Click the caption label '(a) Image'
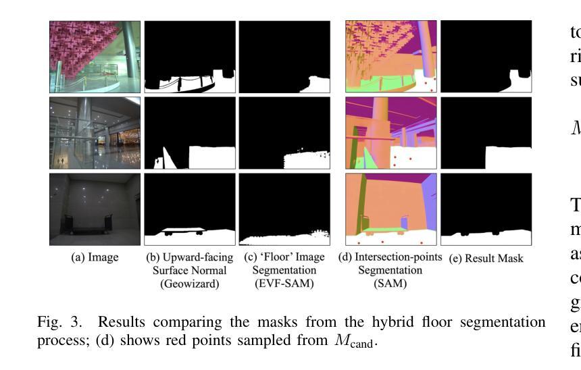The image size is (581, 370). tap(95, 257)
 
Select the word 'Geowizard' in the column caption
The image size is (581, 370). tap(190, 284)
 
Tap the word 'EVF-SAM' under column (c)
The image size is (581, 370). tap(284, 284)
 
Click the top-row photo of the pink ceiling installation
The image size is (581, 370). tap(95, 56)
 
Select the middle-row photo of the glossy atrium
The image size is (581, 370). tap(95, 132)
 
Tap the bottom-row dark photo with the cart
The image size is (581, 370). tap(95, 209)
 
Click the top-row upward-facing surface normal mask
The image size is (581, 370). tap(190, 56)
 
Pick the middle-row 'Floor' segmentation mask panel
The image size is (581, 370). tap(284, 132)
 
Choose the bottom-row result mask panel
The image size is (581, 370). tap(486, 209)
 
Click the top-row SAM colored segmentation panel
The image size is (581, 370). tap(391, 56)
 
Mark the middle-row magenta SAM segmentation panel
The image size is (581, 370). tap(391, 132)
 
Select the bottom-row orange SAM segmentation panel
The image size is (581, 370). tap(391, 209)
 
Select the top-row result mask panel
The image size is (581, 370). tap(486, 56)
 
